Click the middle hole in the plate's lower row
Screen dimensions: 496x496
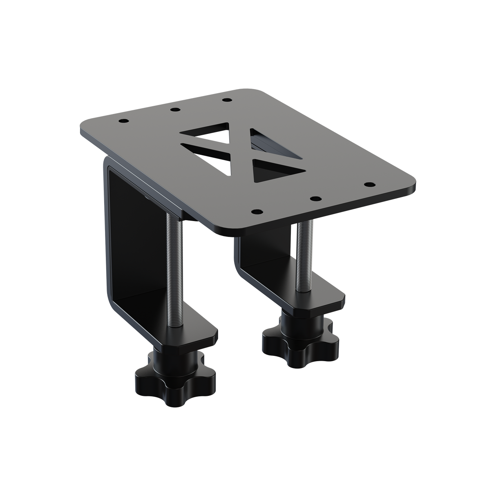(x=314, y=199)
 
